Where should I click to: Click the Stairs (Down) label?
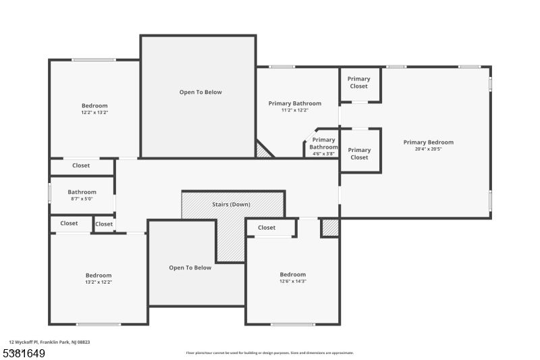click(231, 204)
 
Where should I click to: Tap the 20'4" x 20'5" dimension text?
click(428, 149)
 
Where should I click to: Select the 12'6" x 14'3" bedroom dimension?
click(293, 281)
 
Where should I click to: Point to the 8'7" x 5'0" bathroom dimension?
click(82, 199)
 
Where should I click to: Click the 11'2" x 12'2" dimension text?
click(295, 110)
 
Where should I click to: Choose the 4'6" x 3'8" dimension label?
click(323, 153)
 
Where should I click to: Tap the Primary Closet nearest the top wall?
click(359, 82)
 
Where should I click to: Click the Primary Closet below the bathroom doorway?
click(359, 153)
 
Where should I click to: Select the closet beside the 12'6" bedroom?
click(267, 228)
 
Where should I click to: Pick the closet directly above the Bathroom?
click(81, 165)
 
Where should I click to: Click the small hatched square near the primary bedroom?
click(330, 228)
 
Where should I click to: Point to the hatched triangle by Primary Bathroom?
click(263, 150)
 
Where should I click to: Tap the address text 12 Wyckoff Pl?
click(24, 342)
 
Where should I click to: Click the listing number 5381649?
click(24, 353)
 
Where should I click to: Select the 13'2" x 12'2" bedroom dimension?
click(99, 282)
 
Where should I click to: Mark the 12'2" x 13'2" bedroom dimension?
click(94, 112)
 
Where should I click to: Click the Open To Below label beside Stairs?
click(190, 267)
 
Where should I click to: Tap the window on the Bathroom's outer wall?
click(49, 192)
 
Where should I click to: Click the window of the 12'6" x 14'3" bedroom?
click(293, 324)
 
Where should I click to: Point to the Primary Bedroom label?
click(429, 143)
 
